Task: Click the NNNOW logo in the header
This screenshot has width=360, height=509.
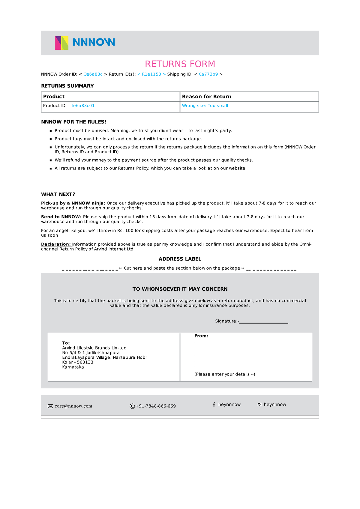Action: pos(85,43)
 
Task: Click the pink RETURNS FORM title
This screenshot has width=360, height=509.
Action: pos(180,64)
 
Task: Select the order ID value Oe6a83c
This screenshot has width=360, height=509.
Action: pos(93,74)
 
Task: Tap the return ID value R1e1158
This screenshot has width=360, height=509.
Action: pos(151,74)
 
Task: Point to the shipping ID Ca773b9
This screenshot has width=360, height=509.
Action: pos(208,74)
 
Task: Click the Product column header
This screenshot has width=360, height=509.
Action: pos(54,97)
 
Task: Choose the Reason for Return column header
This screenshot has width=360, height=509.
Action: pos(207,97)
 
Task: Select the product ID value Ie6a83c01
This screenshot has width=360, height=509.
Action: pos(83,106)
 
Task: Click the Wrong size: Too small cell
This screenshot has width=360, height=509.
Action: pos(205,106)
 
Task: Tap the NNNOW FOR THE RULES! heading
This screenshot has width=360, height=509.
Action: pos(74,122)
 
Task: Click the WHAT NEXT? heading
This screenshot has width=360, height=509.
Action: pos(58,194)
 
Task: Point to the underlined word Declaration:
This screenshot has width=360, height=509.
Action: pos(56,244)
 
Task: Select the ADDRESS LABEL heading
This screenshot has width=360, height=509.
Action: pos(180,259)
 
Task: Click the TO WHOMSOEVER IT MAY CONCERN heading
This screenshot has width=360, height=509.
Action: pos(180,289)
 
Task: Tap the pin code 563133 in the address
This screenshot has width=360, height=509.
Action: pos(85,362)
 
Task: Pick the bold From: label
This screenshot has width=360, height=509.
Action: pos(201,336)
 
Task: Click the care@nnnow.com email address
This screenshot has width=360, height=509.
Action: pos(73,406)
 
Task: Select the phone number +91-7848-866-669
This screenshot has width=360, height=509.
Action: pos(156,406)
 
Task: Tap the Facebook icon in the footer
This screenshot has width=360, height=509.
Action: pos(214,405)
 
